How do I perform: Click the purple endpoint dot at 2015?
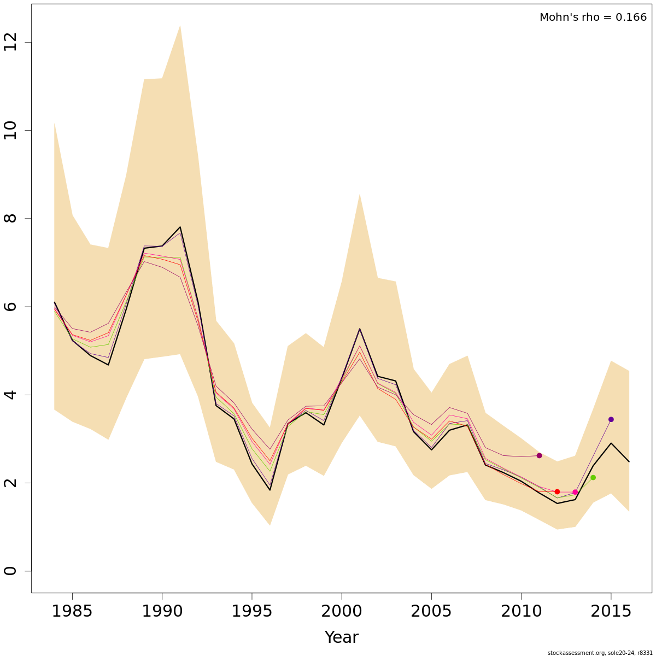[611, 419]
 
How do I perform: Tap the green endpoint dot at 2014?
[593, 478]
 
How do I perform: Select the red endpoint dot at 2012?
[557, 491]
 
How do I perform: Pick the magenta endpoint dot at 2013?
[575, 492]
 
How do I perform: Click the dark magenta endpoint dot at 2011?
[539, 455]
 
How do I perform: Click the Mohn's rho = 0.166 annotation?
[593, 17]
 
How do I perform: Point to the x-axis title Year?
[341, 637]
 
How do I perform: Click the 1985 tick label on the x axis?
[72, 611]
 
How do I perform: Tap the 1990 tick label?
[162, 611]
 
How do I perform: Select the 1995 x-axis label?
[251, 611]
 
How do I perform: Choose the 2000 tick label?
[342, 611]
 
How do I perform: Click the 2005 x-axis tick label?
[431, 611]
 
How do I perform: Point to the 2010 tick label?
[521, 611]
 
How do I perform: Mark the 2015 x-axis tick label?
[611, 611]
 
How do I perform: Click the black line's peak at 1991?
[180, 227]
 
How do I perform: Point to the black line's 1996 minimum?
[270, 490]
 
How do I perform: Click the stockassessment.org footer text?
[600, 652]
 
